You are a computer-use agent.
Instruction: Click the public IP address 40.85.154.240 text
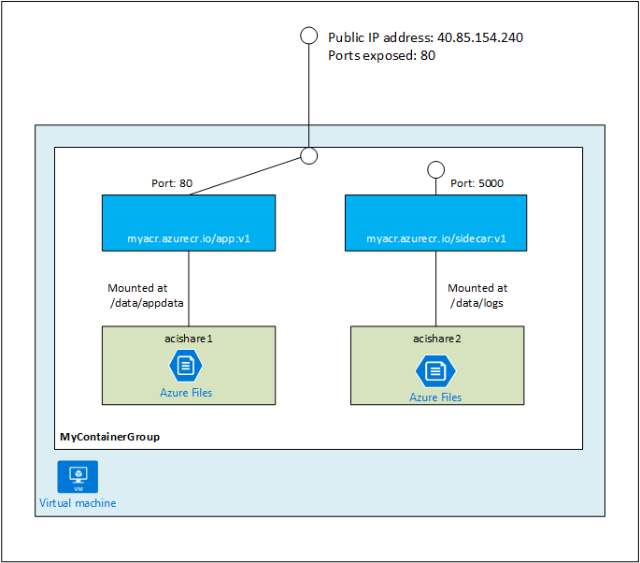tap(432, 37)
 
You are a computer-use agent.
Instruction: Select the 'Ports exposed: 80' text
tap(381, 55)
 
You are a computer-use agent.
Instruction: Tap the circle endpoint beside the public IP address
tap(309, 36)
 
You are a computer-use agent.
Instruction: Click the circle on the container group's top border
tap(309, 155)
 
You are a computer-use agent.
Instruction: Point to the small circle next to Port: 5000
tap(434, 170)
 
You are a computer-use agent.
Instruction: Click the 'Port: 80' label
tap(172, 183)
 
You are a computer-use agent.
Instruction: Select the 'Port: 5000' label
tap(476, 183)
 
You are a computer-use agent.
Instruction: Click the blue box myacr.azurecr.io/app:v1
tap(189, 224)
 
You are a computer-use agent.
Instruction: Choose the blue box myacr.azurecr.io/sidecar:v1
tap(434, 224)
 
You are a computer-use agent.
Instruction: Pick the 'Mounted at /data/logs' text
tap(477, 296)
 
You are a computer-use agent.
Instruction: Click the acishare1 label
tap(189, 338)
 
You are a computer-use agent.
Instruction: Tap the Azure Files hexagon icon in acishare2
tap(434, 370)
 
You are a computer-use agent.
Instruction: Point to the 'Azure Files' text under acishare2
tap(435, 397)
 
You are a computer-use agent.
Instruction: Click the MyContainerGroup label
tap(109, 437)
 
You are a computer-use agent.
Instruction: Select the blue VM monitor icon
tap(77, 476)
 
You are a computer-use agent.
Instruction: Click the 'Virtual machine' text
tap(78, 503)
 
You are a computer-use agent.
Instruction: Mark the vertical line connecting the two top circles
tap(309, 94)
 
